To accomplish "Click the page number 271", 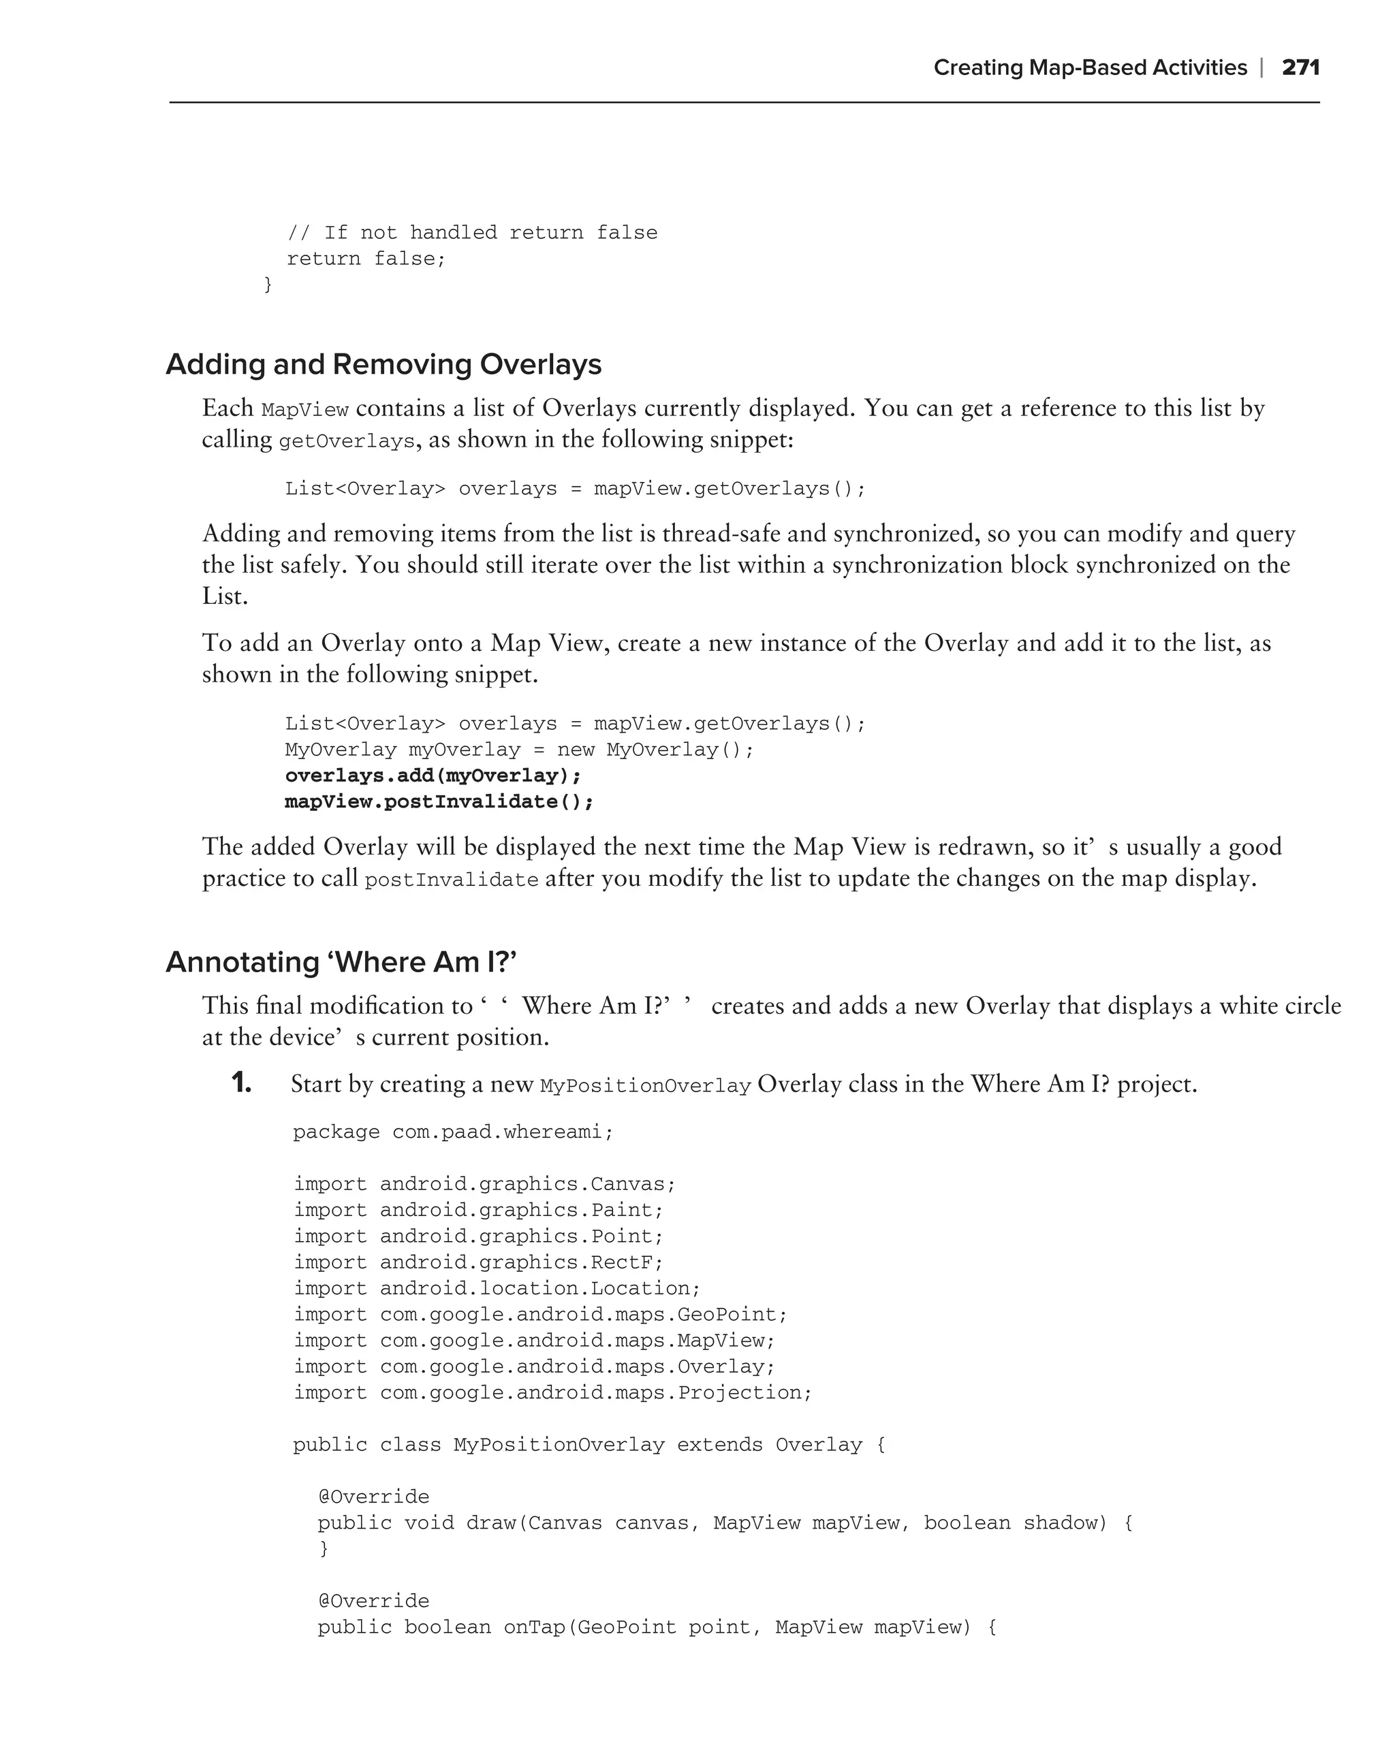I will (x=1300, y=68).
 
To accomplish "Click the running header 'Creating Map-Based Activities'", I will (x=1089, y=68).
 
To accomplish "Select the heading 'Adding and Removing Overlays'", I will (x=383, y=365).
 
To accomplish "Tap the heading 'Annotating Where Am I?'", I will (x=341, y=962).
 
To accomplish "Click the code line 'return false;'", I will (x=366, y=259).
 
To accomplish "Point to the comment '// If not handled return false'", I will (x=472, y=233).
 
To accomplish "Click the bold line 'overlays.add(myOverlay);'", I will (x=433, y=775).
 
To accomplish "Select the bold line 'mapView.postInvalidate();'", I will (x=439, y=801).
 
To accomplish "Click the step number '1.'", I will (x=241, y=1083).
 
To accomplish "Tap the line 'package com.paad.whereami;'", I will (x=453, y=1132).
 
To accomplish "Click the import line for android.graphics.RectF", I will (x=478, y=1262).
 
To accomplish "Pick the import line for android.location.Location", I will (x=497, y=1288).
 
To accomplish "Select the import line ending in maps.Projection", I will (x=552, y=1392).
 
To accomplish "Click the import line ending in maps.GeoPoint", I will (x=540, y=1315).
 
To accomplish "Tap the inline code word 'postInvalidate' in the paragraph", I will (x=451, y=880).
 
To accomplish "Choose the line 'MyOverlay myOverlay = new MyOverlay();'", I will (x=519, y=750).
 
